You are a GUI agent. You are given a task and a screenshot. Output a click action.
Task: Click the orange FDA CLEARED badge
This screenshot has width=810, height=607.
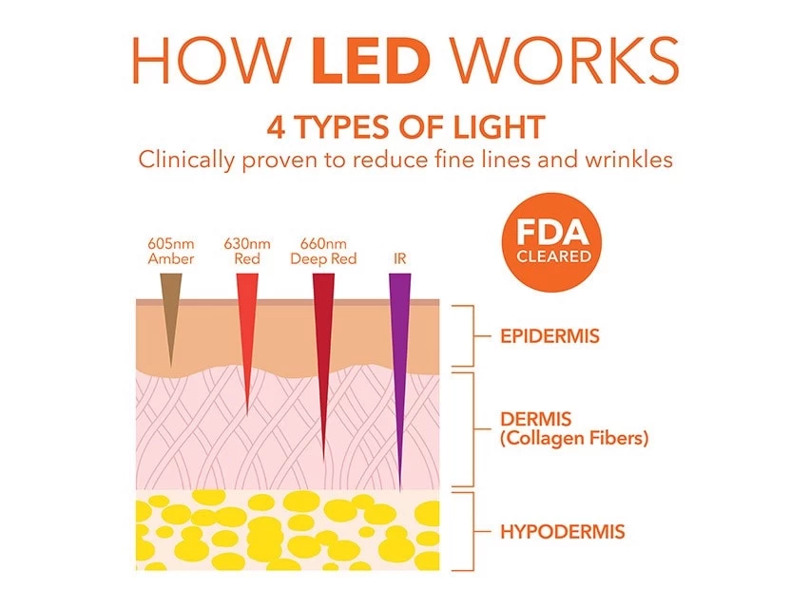pos(554,243)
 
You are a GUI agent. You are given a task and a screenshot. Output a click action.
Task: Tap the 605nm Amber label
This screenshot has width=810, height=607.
pos(171,251)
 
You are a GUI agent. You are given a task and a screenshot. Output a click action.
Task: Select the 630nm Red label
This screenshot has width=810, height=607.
pos(247,251)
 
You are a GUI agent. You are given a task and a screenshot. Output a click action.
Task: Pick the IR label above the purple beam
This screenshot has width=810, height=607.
pos(399,258)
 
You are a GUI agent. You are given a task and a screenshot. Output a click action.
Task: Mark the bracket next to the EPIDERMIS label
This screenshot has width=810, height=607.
pos(466,336)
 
